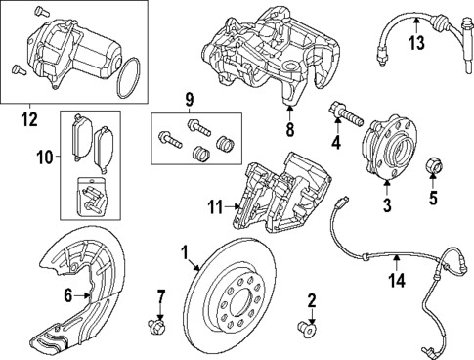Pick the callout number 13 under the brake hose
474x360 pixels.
416,42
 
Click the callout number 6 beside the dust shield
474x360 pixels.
66,294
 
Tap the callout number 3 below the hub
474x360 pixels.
387,205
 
